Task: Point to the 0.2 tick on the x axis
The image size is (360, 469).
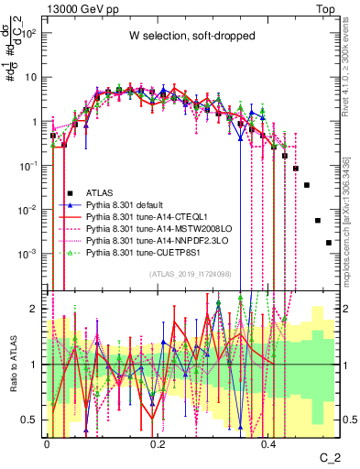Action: [x=158, y=446]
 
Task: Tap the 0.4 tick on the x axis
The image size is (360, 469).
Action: [x=268, y=446]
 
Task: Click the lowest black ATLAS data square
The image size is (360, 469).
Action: [x=329, y=243]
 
